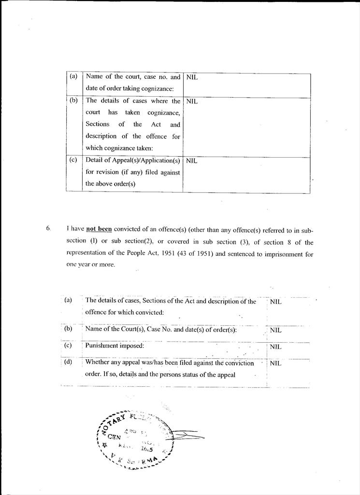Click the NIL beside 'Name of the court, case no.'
192,77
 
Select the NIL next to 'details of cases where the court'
192,102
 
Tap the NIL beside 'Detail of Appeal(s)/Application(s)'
192,161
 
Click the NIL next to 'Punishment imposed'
275,347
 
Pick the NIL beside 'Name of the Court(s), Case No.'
275,331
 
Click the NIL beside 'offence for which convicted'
275,302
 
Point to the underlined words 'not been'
99,230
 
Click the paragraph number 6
48,229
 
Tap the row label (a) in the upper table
73,76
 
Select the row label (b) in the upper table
73,101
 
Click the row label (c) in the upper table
73,160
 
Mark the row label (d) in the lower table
68,362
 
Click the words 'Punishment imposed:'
115,346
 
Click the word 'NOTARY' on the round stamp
115,421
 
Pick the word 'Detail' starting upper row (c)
94,160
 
